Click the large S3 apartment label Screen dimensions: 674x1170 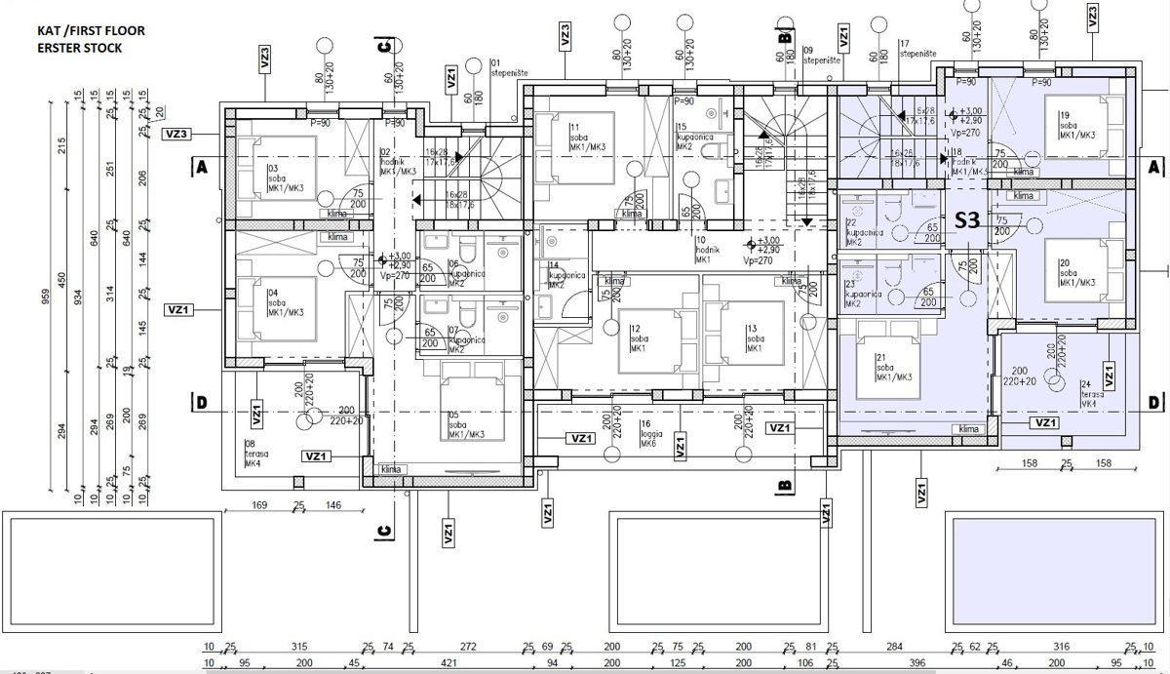(966, 219)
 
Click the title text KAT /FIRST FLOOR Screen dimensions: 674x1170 (91, 31)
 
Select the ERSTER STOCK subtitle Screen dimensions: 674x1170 (80, 48)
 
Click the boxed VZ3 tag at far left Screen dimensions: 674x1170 (177, 135)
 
